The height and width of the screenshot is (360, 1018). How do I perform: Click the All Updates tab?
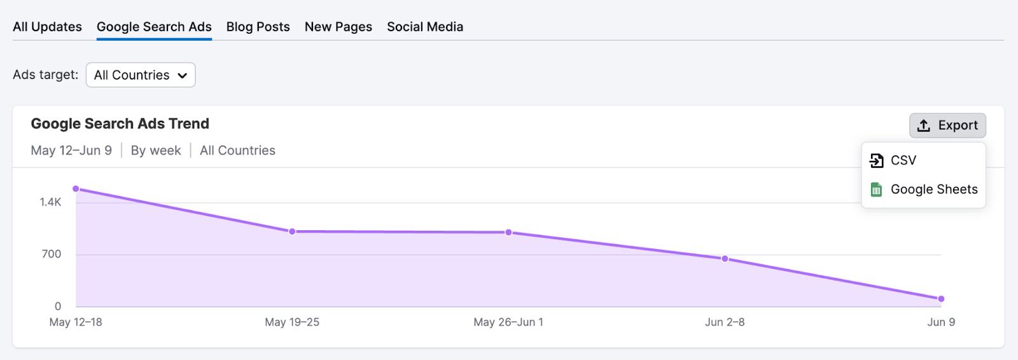click(x=47, y=27)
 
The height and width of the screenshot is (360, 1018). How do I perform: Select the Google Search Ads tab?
click(x=154, y=27)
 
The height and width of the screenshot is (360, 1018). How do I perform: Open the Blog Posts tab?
click(x=258, y=27)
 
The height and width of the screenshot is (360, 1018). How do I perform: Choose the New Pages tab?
click(x=338, y=27)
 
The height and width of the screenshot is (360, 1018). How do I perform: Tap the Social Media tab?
click(x=425, y=27)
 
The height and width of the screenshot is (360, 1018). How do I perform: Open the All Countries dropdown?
click(x=141, y=75)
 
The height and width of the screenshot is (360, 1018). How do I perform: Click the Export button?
click(x=947, y=125)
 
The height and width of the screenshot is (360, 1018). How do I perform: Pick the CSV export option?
click(x=903, y=160)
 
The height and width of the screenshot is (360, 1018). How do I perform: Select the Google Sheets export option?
click(x=933, y=190)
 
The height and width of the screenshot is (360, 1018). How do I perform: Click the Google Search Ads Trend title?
click(x=120, y=123)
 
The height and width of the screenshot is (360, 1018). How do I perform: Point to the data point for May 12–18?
click(x=76, y=189)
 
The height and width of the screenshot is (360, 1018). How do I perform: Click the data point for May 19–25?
click(x=292, y=232)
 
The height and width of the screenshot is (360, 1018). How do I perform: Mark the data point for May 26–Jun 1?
click(x=508, y=233)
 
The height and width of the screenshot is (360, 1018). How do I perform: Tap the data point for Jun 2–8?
click(x=725, y=259)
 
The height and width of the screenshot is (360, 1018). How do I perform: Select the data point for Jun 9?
click(x=941, y=299)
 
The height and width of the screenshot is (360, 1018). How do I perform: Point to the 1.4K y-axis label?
click(x=50, y=202)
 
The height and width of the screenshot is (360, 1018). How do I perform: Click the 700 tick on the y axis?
click(x=52, y=254)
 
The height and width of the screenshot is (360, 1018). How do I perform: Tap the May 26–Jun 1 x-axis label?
click(x=508, y=322)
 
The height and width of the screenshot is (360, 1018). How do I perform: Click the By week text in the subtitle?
click(x=156, y=151)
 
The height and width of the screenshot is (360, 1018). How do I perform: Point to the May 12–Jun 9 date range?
click(x=71, y=151)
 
